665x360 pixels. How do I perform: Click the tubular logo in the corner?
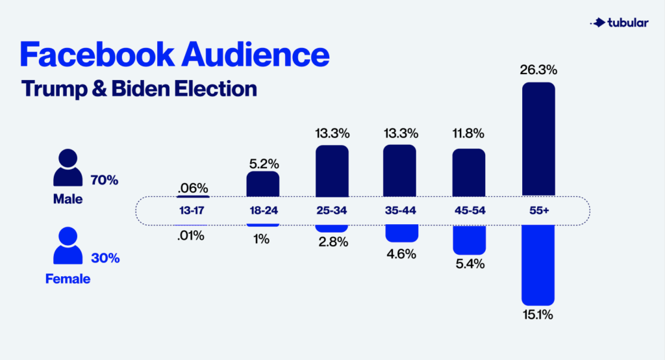(618, 23)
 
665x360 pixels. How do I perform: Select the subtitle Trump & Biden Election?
(138, 88)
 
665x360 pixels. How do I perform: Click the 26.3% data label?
(538, 70)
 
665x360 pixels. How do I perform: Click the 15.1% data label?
(538, 316)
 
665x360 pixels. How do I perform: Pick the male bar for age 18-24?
(263, 184)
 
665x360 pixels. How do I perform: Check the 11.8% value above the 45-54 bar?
(469, 135)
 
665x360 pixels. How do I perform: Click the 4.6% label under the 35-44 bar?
(401, 253)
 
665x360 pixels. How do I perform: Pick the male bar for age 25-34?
(332, 170)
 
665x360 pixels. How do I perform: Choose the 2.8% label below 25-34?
(332, 242)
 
